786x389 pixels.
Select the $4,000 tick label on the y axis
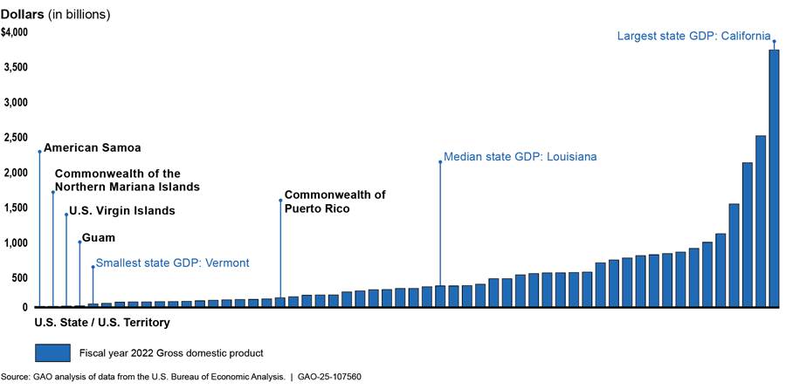(x=15, y=32)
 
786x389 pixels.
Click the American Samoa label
(x=92, y=148)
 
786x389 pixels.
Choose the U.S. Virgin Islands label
(x=121, y=211)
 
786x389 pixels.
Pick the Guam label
(x=100, y=237)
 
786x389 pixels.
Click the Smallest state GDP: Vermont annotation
(x=172, y=263)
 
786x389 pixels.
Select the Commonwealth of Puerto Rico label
(x=334, y=201)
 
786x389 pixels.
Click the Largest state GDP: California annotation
(x=693, y=36)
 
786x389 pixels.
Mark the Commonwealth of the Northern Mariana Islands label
(x=128, y=180)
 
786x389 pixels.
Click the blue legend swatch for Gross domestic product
(x=52, y=352)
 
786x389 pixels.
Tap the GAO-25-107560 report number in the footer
(x=329, y=377)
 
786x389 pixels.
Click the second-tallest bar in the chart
(x=761, y=222)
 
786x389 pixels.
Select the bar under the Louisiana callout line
(x=440, y=297)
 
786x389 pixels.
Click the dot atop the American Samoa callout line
(x=39, y=151)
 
